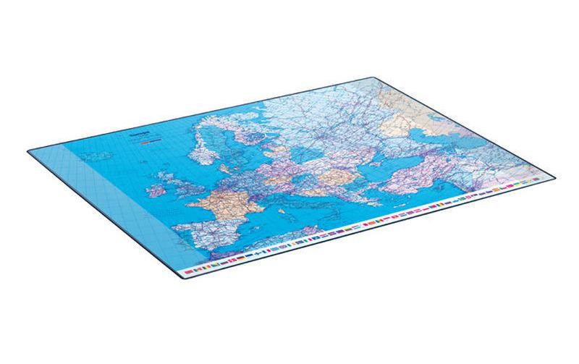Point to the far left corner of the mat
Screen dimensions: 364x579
click(30, 151)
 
